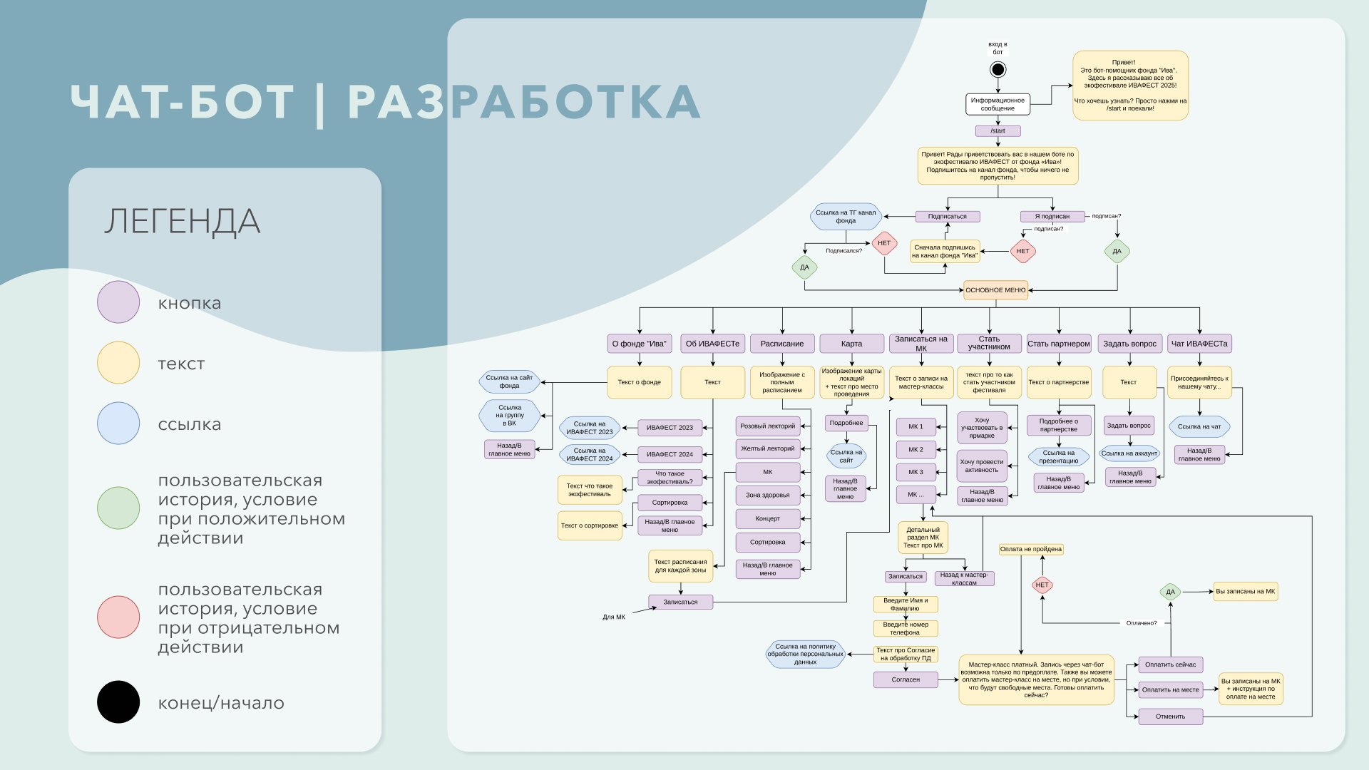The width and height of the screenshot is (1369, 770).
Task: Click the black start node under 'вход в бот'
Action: tap(998, 69)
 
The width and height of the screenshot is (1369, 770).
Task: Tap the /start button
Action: tap(998, 131)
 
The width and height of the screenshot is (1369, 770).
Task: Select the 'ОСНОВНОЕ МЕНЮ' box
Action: tap(995, 290)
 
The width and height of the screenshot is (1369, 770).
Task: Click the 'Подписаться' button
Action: tap(947, 217)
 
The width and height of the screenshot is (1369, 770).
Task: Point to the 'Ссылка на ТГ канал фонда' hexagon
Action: tap(846, 217)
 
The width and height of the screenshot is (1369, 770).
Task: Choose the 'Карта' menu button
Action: tap(851, 344)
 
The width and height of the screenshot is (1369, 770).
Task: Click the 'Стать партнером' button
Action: tap(1058, 344)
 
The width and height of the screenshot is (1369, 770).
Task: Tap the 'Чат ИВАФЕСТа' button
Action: tap(1199, 344)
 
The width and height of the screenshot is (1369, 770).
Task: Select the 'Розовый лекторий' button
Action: tap(767, 426)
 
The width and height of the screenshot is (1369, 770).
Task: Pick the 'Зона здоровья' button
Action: tap(767, 495)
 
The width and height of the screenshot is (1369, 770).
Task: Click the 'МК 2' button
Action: tap(916, 450)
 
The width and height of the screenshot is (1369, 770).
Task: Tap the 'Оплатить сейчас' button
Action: tap(1170, 664)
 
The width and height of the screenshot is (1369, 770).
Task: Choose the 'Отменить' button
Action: tap(1170, 717)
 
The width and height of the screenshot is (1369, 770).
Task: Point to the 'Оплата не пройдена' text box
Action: tap(1030, 549)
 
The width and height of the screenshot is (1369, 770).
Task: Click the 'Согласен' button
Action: tap(906, 679)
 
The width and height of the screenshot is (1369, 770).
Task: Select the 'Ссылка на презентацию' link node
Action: tap(1058, 457)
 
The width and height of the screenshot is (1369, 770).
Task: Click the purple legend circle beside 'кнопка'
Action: tap(118, 302)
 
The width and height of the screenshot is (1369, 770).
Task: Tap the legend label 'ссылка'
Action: tap(190, 424)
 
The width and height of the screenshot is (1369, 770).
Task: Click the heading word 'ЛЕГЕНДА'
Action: tap(182, 221)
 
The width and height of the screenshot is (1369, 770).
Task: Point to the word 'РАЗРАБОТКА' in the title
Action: tap(524, 102)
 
